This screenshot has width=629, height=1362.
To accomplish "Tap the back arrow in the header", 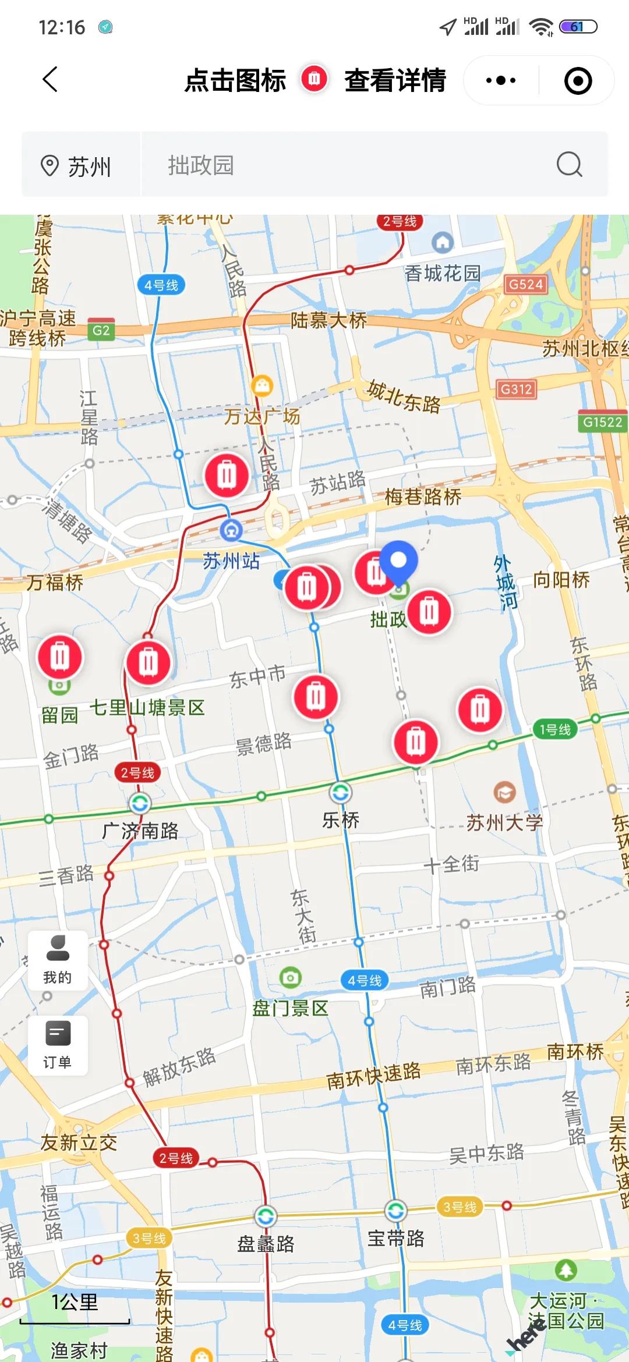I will click(x=51, y=80).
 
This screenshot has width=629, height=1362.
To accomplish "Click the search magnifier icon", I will click(x=569, y=165).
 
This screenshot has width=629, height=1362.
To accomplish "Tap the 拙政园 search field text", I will click(x=201, y=165).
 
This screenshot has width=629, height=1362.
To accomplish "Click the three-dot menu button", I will click(x=501, y=80).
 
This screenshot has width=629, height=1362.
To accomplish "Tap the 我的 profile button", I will click(x=58, y=960).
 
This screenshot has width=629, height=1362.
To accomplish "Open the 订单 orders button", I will click(x=58, y=1045).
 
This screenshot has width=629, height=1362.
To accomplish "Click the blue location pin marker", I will click(x=398, y=561).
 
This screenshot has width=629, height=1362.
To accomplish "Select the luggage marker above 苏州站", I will click(x=227, y=476).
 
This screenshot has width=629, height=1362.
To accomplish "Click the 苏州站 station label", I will click(x=231, y=561).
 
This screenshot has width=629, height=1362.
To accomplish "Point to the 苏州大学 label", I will click(x=504, y=822).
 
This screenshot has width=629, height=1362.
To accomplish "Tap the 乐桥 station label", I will click(x=341, y=820).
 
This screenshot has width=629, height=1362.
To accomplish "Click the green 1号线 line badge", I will click(x=554, y=729).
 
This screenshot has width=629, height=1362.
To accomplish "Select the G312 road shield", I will click(x=516, y=389).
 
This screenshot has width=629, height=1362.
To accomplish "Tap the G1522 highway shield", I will click(x=603, y=422).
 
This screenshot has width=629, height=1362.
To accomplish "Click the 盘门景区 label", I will click(x=290, y=1008).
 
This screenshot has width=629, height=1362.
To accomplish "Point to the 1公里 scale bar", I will click(x=75, y=1307).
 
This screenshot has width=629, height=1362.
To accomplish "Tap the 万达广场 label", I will click(x=262, y=416).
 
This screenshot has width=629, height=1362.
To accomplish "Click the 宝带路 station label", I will click(x=396, y=1238).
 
